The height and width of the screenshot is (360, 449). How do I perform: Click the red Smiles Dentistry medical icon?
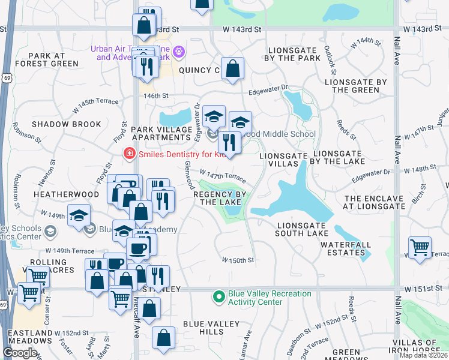click(128, 154)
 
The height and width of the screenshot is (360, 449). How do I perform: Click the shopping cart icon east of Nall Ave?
click(420, 246)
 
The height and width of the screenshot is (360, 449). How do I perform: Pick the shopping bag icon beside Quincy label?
click(232, 68)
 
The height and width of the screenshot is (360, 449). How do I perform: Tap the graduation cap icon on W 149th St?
click(79, 217)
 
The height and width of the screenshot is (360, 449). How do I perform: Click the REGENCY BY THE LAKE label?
click(220, 199)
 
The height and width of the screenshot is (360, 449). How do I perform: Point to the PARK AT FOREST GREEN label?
click(47, 59)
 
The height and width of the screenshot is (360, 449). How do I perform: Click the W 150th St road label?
click(238, 260)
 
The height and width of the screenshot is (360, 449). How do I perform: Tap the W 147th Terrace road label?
click(223, 176)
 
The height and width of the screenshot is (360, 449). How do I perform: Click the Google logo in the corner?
click(20, 353)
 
